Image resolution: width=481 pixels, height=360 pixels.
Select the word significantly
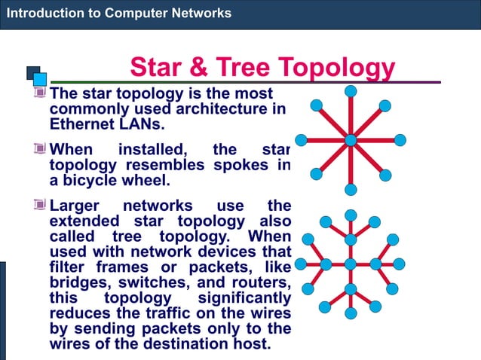244,298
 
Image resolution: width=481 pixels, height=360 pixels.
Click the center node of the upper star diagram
351,140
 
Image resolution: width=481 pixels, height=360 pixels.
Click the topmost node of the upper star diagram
351,91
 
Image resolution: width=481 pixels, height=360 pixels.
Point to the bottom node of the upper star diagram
351,189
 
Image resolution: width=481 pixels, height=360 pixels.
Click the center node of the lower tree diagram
351,264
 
